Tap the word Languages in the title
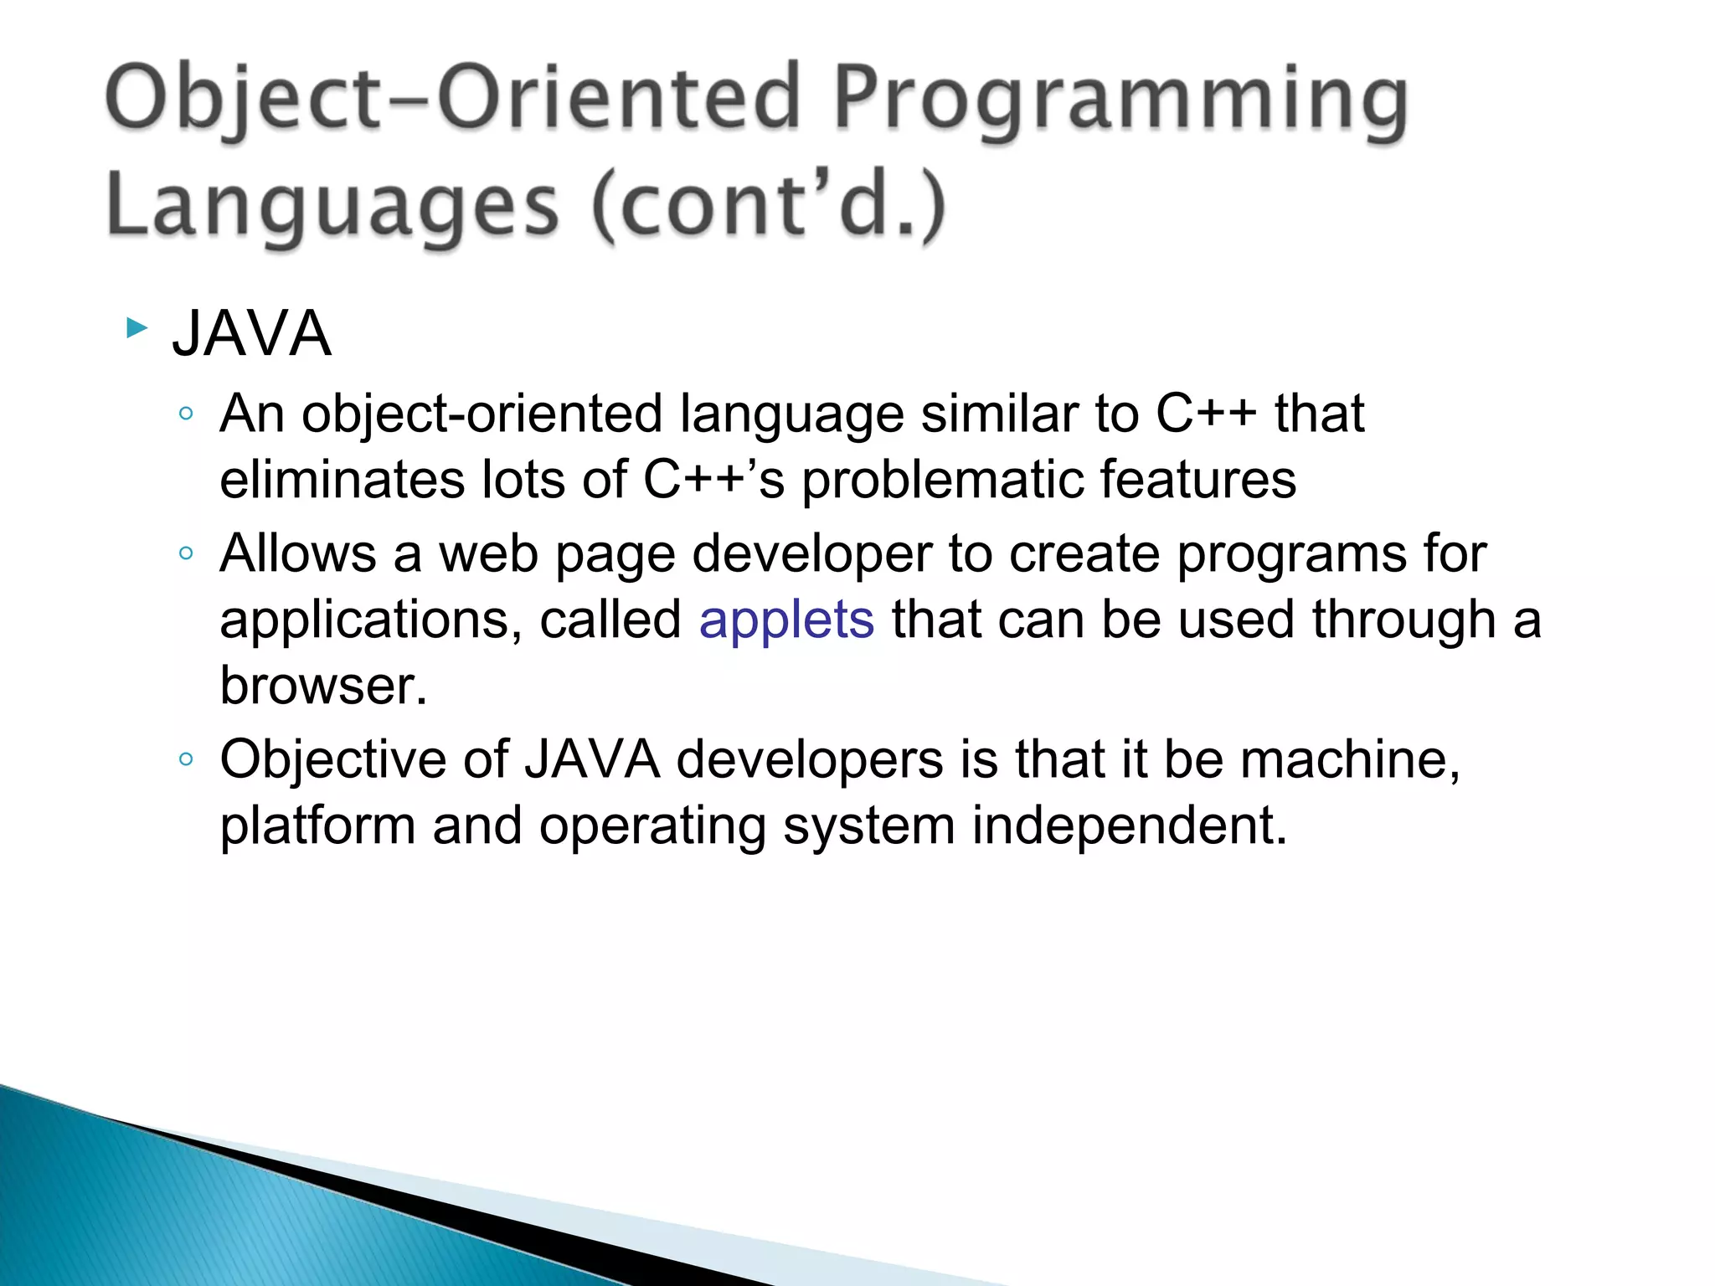pos(332,206)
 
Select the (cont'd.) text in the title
pos(769,206)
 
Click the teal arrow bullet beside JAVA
pos(136,328)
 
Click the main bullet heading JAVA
pos(251,334)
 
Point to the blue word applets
pos(786,620)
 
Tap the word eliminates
pos(342,480)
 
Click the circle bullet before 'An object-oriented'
pos(186,414)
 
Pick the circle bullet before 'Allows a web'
pos(186,553)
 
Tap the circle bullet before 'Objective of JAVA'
pos(186,759)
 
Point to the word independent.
pos(1129,826)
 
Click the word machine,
pos(1350,759)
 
